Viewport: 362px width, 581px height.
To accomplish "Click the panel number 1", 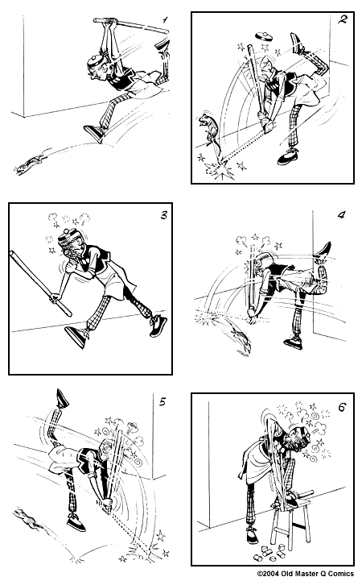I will coord(165,17).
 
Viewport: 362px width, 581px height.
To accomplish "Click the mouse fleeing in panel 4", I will coord(241,332).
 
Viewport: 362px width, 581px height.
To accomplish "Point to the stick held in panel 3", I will coord(39,282).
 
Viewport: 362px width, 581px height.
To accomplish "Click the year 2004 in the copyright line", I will coord(275,574).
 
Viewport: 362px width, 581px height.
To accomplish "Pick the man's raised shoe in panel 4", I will coord(324,251).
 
